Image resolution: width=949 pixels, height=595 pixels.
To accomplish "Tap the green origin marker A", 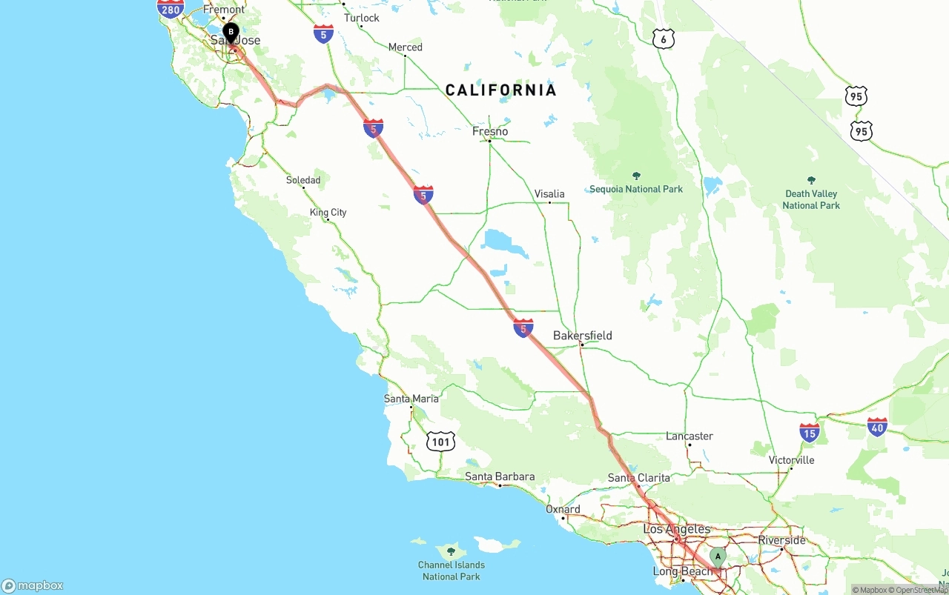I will [717, 556].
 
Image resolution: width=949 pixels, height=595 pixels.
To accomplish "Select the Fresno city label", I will [490, 131].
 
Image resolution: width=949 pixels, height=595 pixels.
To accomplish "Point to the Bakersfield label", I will [583, 336].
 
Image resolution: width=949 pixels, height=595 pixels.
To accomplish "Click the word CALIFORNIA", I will [500, 90].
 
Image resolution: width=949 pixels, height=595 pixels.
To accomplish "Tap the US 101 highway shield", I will [440, 442].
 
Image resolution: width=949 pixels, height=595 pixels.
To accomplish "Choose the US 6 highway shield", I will [664, 39].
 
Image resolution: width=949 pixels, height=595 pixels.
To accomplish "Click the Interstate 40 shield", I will [877, 427].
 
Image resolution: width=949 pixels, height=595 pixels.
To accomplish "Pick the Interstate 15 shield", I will [810, 433].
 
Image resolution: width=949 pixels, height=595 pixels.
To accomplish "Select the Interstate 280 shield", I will [171, 8].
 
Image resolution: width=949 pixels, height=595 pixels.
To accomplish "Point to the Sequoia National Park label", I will [636, 189].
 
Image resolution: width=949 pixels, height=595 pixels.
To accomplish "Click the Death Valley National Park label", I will [811, 199].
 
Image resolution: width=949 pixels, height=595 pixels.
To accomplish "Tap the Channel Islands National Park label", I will [451, 571].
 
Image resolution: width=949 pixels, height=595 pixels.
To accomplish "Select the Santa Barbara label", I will [500, 476].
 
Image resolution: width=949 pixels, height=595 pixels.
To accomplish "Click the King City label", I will [328, 213].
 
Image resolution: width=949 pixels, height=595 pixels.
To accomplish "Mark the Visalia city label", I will [549, 194].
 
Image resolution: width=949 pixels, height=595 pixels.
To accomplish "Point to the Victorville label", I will [791, 460].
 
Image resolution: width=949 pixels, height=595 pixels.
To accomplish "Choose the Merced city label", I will [406, 47].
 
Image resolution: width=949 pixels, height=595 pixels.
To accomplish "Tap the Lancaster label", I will [690, 436].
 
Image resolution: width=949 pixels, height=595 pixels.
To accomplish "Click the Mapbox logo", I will [33, 585].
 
